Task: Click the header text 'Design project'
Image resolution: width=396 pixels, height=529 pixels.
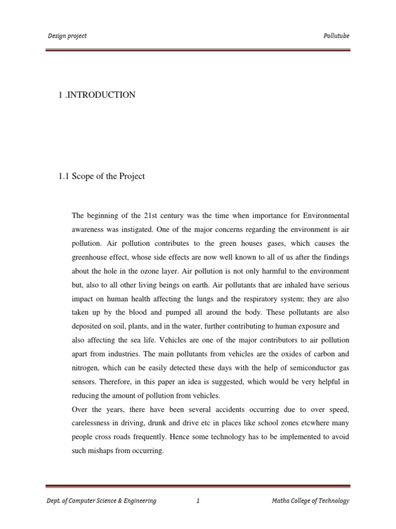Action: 67,36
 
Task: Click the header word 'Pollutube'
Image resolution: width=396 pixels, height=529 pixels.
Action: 336,36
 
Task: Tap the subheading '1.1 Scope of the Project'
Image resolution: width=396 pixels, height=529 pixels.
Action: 102,176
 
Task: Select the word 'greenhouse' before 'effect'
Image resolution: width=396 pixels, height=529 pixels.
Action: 89,257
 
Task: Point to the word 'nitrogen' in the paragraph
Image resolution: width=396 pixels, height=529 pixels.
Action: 85,368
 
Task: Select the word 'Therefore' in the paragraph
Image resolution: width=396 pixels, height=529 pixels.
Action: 114,382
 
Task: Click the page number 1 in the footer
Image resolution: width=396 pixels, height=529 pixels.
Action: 197,501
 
